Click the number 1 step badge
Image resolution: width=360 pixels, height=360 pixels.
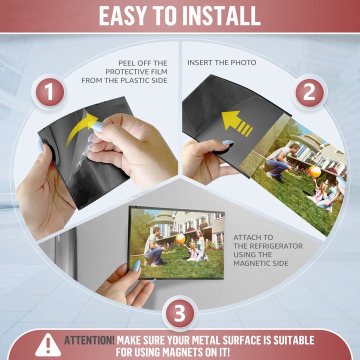coord(50,92)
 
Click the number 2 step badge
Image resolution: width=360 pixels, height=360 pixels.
coord(309,92)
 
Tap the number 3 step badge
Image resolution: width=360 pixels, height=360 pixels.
coord(180,313)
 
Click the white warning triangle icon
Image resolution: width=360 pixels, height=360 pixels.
coord(48,345)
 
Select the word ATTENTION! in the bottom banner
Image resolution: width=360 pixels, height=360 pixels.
coord(89,340)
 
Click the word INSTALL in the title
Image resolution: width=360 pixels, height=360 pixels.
coord(221,15)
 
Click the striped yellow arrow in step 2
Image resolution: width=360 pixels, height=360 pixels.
coord(237,123)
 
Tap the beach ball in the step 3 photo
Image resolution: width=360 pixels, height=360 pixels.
coord(180,239)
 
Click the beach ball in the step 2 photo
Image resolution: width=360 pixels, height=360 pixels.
coord(314,171)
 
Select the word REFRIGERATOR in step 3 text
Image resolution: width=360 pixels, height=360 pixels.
coord(276,246)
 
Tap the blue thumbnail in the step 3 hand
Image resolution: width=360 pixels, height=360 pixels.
coord(136,266)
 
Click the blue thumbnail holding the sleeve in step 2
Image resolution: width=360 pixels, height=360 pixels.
coord(227,142)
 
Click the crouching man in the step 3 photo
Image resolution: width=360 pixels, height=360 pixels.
coord(154,247)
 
